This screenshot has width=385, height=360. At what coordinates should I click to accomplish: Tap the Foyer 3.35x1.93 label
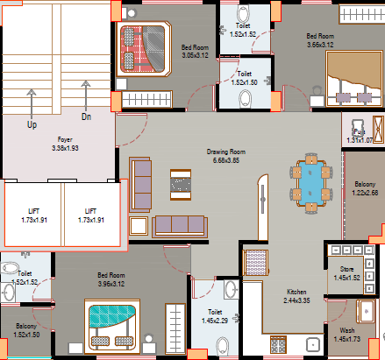click(65, 144)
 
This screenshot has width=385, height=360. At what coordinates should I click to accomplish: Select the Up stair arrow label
click(32, 125)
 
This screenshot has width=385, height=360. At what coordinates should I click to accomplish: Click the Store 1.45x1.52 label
click(346, 272)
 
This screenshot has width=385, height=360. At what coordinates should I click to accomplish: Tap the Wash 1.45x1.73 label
click(346, 334)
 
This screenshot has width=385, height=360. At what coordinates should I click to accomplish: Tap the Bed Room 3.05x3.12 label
click(194, 50)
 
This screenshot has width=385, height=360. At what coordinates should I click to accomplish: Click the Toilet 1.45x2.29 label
click(215, 315)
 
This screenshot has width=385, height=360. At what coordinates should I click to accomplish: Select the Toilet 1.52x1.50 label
click(245, 78)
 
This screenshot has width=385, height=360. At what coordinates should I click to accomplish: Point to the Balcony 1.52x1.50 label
click(25, 329)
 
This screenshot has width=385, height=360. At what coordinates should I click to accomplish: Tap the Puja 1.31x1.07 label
click(360, 136)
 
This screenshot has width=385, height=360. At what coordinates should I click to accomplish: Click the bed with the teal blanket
click(111, 323)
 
